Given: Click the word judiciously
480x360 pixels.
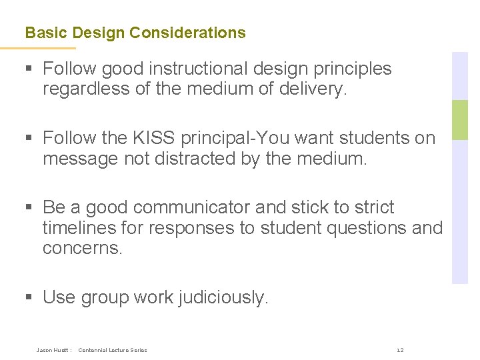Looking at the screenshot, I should coord(223,297).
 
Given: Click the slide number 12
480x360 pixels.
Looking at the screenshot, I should coord(400,350).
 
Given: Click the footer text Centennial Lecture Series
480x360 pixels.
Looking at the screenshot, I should coord(113,350).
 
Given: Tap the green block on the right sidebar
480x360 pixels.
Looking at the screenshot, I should coord(460,119).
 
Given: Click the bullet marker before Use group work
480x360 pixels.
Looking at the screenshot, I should coord(29,297).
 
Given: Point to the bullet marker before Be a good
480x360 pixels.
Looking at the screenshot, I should coord(29,207).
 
